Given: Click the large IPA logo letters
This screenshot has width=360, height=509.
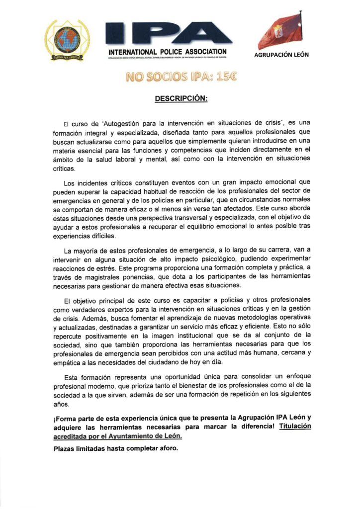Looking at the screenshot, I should click(168, 33).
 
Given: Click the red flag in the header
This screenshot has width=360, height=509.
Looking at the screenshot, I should click(280, 31).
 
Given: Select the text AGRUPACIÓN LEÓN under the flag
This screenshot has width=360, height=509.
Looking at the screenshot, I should click(281, 55).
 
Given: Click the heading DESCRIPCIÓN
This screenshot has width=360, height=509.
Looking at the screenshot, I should click(181, 98).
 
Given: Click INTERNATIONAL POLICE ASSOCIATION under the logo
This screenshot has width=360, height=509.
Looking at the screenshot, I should click(168, 52).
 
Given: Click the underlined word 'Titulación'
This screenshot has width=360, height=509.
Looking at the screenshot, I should click(295, 426).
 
